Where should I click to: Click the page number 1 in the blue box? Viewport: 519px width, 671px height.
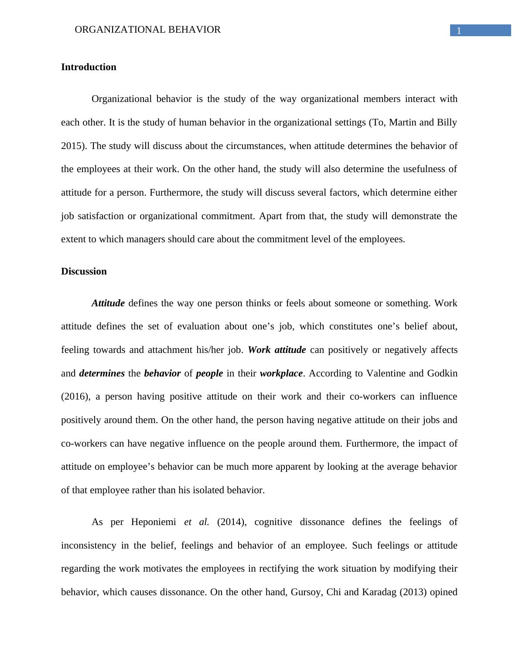pyautogui.click(x=459, y=30)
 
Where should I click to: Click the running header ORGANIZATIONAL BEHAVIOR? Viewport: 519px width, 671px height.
pyautogui.click(x=148, y=30)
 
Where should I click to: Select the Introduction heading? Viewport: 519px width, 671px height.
pyautogui.click(x=89, y=67)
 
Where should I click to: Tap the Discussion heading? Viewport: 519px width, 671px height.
pyautogui.click(x=84, y=271)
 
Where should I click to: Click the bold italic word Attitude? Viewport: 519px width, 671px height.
pyautogui.click(x=108, y=303)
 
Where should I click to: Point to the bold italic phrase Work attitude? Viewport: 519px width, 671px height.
pyautogui.click(x=277, y=350)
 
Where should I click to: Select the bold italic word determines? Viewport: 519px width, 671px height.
pyautogui.click(x=102, y=373)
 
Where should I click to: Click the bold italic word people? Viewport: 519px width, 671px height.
pyautogui.click(x=209, y=373)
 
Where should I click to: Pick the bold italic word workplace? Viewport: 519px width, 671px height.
pyautogui.click(x=281, y=373)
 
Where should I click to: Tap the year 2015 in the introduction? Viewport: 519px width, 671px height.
pyautogui.click(x=72, y=146)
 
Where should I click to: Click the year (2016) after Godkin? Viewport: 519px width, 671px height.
pyautogui.click(x=76, y=397)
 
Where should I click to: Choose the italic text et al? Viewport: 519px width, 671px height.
pyautogui.click(x=196, y=522)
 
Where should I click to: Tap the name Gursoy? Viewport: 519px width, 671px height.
pyautogui.click(x=300, y=592)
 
